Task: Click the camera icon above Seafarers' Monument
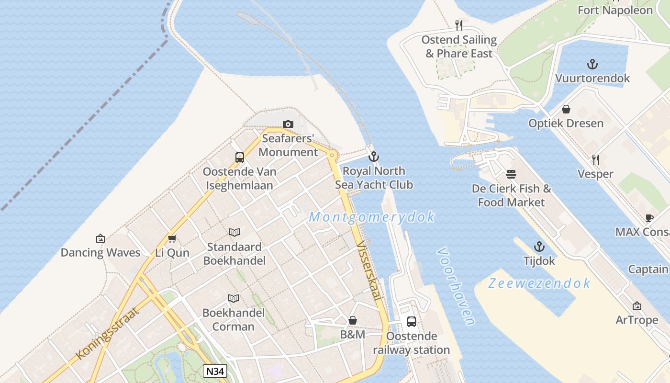pos(288,124)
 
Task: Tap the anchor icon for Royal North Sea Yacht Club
pos(373,157)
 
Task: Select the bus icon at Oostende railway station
pos(412,321)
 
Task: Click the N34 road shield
pos(215,371)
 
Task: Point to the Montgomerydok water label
pos(372,217)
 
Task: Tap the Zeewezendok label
pos(539,283)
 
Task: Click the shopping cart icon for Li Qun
pos(172,238)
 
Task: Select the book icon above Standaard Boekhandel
pos(234,233)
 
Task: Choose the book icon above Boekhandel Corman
pos(234,299)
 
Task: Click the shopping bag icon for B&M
pos(353,320)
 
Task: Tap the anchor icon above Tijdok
pos(539,247)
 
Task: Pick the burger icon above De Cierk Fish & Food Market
pos(511,174)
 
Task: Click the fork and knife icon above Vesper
pos(596,159)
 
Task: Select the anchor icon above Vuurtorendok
pos(592,64)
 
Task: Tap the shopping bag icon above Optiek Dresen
pos(566,109)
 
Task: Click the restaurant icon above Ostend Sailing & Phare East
pos(459,25)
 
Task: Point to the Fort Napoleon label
pos(615,10)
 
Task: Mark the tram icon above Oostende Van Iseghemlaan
pos(239,157)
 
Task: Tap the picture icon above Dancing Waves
pos(100,238)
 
